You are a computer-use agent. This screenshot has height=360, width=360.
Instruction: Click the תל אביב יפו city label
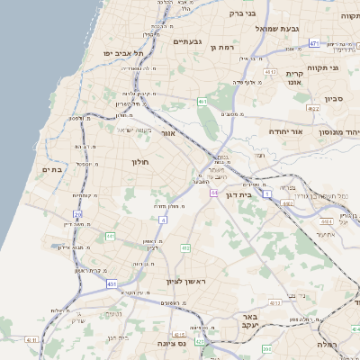(x=124, y=54)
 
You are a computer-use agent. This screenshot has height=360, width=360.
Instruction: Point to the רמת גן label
(x=221, y=47)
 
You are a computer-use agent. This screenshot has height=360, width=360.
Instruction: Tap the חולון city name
(x=139, y=162)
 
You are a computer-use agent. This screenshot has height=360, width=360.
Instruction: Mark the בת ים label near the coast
(x=51, y=169)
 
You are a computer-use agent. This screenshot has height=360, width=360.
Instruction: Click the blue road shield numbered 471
(x=314, y=42)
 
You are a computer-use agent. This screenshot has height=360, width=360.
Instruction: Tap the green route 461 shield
(x=202, y=102)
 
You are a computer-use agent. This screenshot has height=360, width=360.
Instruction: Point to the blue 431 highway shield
(x=111, y=283)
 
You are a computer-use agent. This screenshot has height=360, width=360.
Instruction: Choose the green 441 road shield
(x=110, y=236)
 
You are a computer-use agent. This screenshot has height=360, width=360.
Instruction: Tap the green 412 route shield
(x=185, y=248)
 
